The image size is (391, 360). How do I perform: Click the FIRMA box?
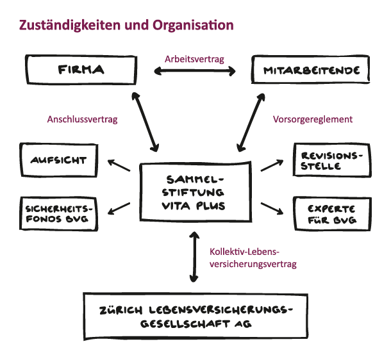pos(81,69)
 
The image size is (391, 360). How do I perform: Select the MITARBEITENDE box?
pos(310,69)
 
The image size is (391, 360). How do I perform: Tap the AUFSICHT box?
pos(58,160)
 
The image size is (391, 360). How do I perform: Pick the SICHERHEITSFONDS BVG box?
pos(58,214)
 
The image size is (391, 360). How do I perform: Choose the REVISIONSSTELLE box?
pos(331,160)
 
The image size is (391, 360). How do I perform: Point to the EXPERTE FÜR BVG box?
pos(331,214)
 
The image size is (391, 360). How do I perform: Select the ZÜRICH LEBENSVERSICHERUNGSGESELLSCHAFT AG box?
pos(195,316)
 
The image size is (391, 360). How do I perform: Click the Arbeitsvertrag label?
pos(194,58)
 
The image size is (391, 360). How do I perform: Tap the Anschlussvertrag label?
pos(82,119)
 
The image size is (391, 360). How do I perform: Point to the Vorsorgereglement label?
pos(313,119)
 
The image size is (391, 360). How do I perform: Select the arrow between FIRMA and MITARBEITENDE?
pos(194,72)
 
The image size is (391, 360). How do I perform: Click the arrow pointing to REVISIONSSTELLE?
pos(272,165)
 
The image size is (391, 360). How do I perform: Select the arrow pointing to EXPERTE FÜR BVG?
pos(272,209)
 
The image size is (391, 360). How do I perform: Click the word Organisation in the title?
pos(192,26)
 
